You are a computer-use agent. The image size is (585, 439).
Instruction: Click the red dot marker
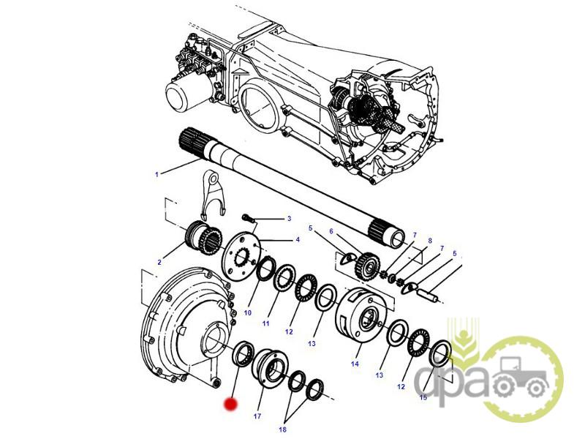coord(230,405)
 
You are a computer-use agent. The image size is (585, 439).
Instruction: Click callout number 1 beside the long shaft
coord(156,174)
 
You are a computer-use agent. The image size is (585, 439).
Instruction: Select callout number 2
coord(159,263)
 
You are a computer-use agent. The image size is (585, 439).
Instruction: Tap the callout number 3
coord(289,219)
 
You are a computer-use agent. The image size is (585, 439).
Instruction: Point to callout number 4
coord(298,240)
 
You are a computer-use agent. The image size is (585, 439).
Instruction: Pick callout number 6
coord(331,231)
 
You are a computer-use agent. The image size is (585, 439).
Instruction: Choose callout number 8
coord(430,241)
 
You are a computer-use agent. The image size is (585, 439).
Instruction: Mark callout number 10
coord(248,313)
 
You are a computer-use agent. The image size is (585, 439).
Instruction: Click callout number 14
coord(355,364)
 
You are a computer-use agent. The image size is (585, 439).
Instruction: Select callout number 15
coord(423,397)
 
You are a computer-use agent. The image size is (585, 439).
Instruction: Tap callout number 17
coord(257,416)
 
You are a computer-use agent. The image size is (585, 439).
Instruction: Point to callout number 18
coord(282,429)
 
